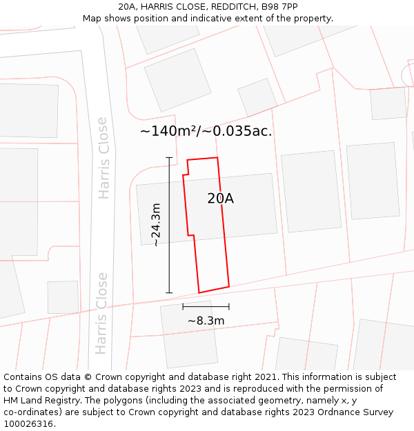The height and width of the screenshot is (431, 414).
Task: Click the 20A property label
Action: (220, 199)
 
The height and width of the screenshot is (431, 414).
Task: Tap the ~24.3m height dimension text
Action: (157, 225)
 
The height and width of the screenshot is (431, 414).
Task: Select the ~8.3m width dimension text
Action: (206, 321)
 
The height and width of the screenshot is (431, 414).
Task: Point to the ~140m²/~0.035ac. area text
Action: (206, 131)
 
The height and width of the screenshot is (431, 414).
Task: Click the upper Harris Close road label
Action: (103, 158)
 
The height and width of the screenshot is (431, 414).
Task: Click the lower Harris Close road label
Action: (102, 313)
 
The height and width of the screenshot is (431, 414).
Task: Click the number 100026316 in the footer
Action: (29, 423)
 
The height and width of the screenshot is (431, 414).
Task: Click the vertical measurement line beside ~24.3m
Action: (169, 225)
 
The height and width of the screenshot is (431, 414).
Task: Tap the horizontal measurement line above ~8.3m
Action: (206, 306)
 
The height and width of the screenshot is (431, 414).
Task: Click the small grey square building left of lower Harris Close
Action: (63, 297)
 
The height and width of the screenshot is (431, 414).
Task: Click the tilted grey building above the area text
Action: (178, 79)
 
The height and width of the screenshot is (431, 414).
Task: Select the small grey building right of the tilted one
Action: (257, 97)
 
